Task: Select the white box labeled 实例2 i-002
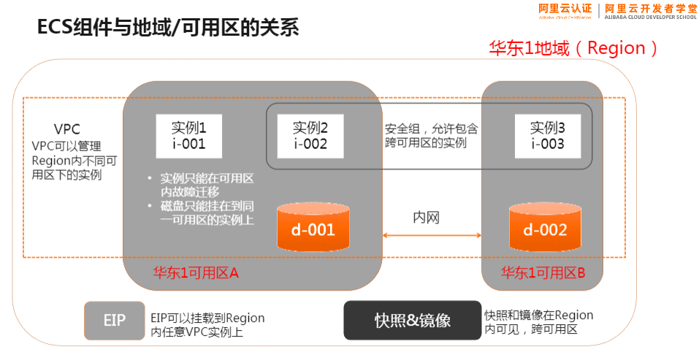pos(310,135)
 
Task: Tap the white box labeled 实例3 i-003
pos(547,135)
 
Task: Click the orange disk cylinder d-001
pos(313,229)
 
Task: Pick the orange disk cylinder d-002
pos(545,229)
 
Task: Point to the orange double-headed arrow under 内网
pos(432,235)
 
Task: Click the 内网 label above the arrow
pos(427,218)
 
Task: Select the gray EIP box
pos(114,320)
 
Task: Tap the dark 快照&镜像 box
pos(413,320)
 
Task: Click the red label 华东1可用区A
pos(196,273)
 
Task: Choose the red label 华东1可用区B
pos(543,273)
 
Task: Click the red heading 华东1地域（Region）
pos(574,48)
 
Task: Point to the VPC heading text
pos(66,129)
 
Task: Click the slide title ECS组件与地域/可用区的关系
pos(168,28)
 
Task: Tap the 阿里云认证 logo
pos(565,9)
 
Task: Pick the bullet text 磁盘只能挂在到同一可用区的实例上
pos(207,213)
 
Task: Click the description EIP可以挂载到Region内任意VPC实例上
pos(207,325)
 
